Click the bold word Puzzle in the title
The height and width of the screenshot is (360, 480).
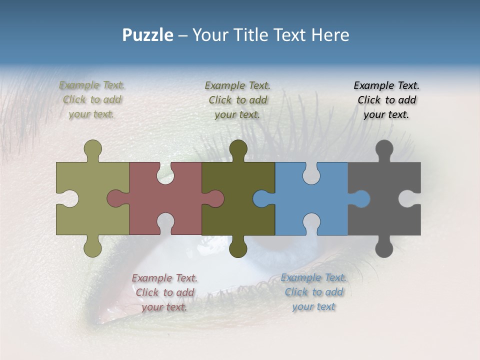tap(148, 35)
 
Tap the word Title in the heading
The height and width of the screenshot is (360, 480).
tap(277, 35)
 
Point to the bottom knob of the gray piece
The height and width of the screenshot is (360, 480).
tap(384, 248)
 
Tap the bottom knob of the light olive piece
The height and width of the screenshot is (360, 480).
tap(92, 248)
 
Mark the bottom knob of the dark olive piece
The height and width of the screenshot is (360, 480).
tap(238, 248)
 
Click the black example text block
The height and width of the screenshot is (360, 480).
tap(386, 100)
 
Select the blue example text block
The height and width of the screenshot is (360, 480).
tap(313, 292)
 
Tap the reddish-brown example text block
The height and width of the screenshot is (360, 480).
tap(164, 292)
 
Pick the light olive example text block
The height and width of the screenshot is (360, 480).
tap(92, 100)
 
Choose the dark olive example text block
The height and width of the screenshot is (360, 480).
tap(237, 100)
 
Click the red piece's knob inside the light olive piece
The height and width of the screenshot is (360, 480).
tap(115, 199)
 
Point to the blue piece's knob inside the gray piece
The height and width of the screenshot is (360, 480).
tap(361, 199)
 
